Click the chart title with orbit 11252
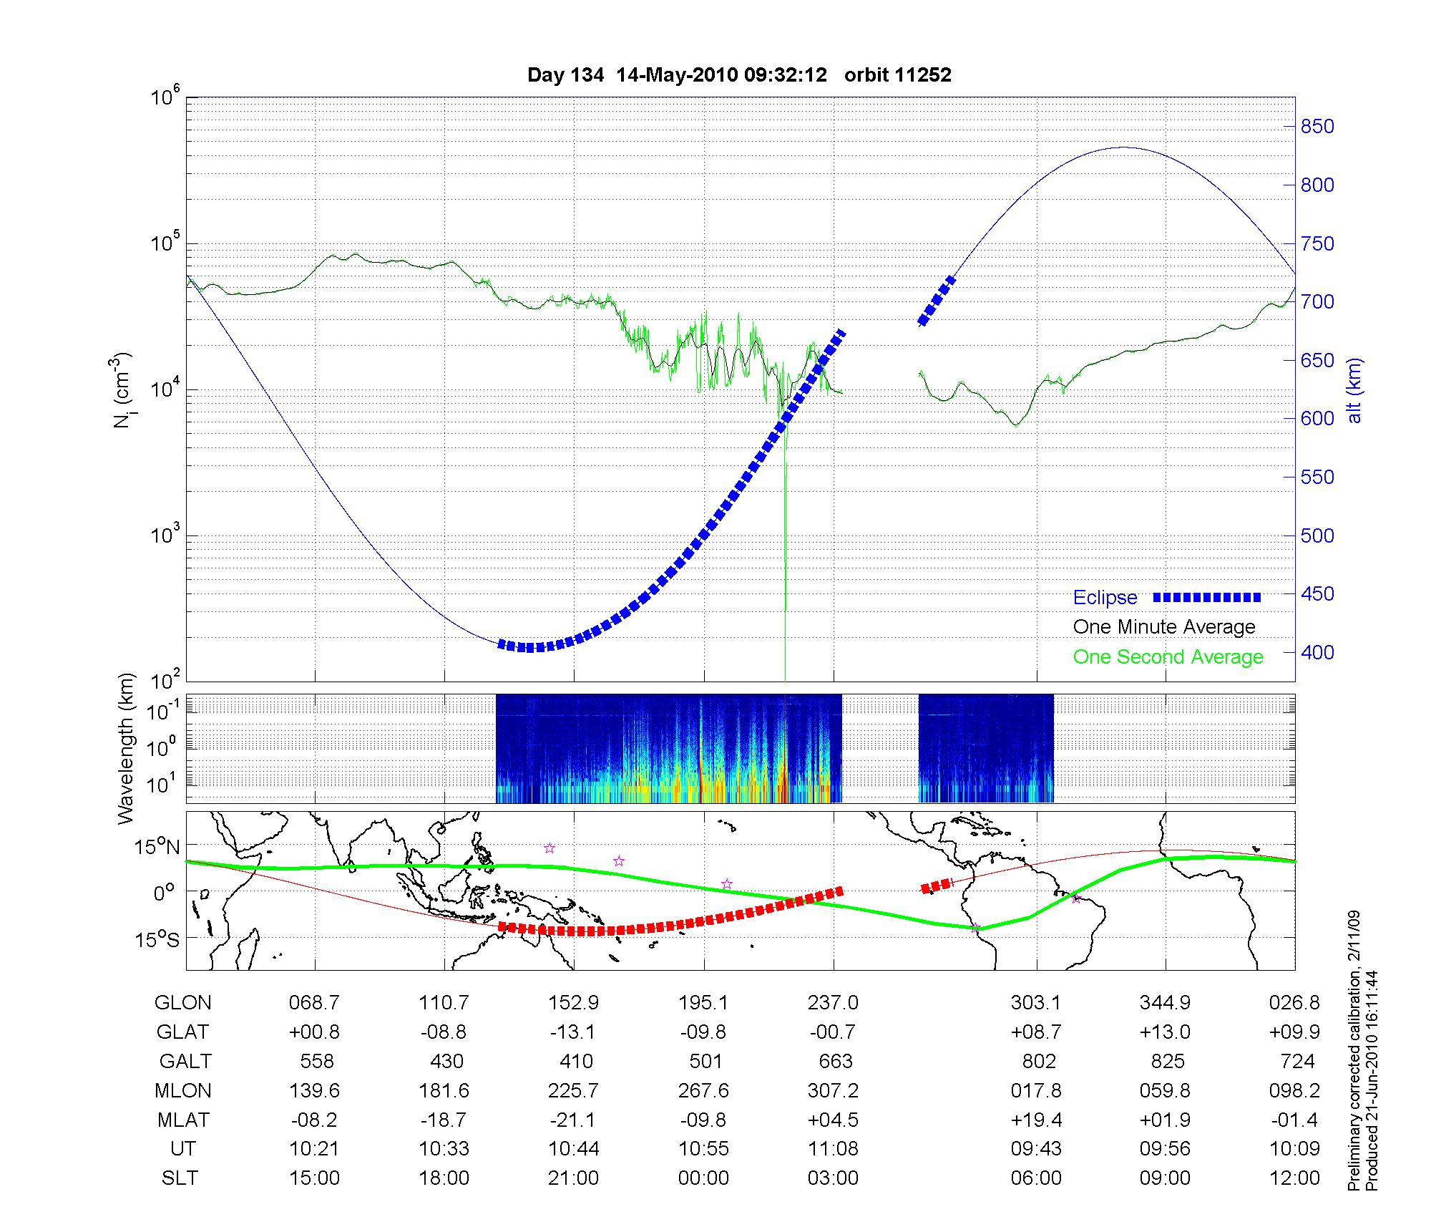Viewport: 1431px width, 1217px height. [739, 75]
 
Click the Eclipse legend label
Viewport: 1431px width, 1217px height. [1105, 598]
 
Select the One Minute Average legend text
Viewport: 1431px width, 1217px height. [1164, 627]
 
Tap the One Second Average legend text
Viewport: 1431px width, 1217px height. [1168, 657]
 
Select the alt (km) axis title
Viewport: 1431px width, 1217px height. [1354, 390]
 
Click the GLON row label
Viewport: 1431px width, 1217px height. [182, 1003]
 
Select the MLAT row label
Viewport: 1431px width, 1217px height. [182, 1120]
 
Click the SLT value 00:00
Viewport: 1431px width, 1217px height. [703, 1178]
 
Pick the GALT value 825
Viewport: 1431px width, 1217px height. [1168, 1061]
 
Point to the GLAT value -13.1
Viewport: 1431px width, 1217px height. [573, 1032]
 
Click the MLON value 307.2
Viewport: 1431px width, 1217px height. [834, 1090]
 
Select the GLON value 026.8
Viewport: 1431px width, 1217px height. [1294, 1003]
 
